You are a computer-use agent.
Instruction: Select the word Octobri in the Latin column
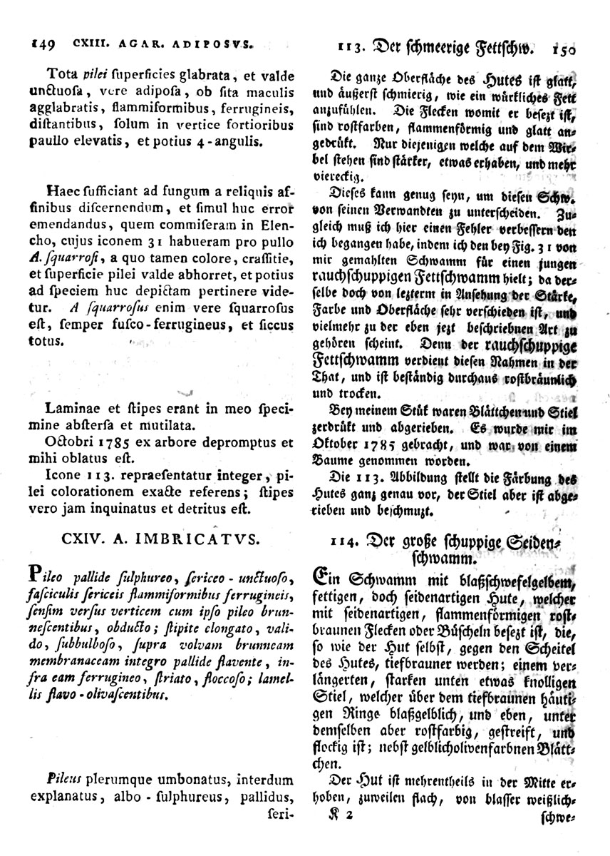pyautogui.click(x=70, y=442)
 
